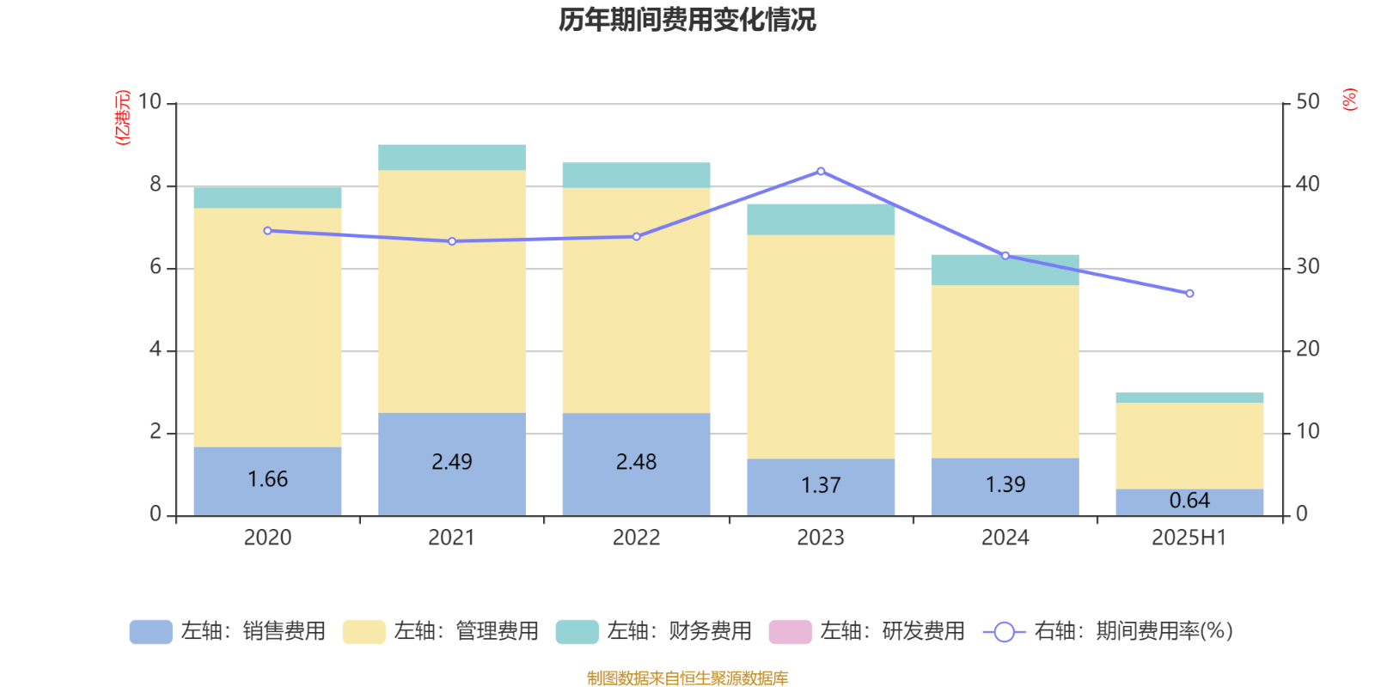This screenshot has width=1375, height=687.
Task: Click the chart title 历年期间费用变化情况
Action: (687, 19)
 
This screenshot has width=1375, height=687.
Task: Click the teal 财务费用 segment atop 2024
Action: (1005, 270)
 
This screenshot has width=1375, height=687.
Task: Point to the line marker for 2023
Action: (821, 171)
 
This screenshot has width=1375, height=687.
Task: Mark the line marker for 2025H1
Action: (1189, 294)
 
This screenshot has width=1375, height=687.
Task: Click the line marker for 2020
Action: (267, 231)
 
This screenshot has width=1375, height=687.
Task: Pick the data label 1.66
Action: (267, 479)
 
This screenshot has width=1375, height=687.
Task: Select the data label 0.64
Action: (1189, 501)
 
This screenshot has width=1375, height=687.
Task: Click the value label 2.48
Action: (636, 462)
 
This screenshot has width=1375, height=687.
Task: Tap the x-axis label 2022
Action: (636, 538)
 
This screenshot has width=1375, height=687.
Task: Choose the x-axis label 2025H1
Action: (1189, 538)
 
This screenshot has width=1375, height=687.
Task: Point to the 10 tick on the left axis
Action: (150, 102)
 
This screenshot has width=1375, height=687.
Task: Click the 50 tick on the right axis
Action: (1308, 102)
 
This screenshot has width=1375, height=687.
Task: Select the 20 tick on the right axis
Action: (1308, 350)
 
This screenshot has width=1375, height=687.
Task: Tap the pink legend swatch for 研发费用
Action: (790, 632)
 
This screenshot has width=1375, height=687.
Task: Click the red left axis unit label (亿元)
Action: (123, 117)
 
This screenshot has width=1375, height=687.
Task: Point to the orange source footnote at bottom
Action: (687, 678)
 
